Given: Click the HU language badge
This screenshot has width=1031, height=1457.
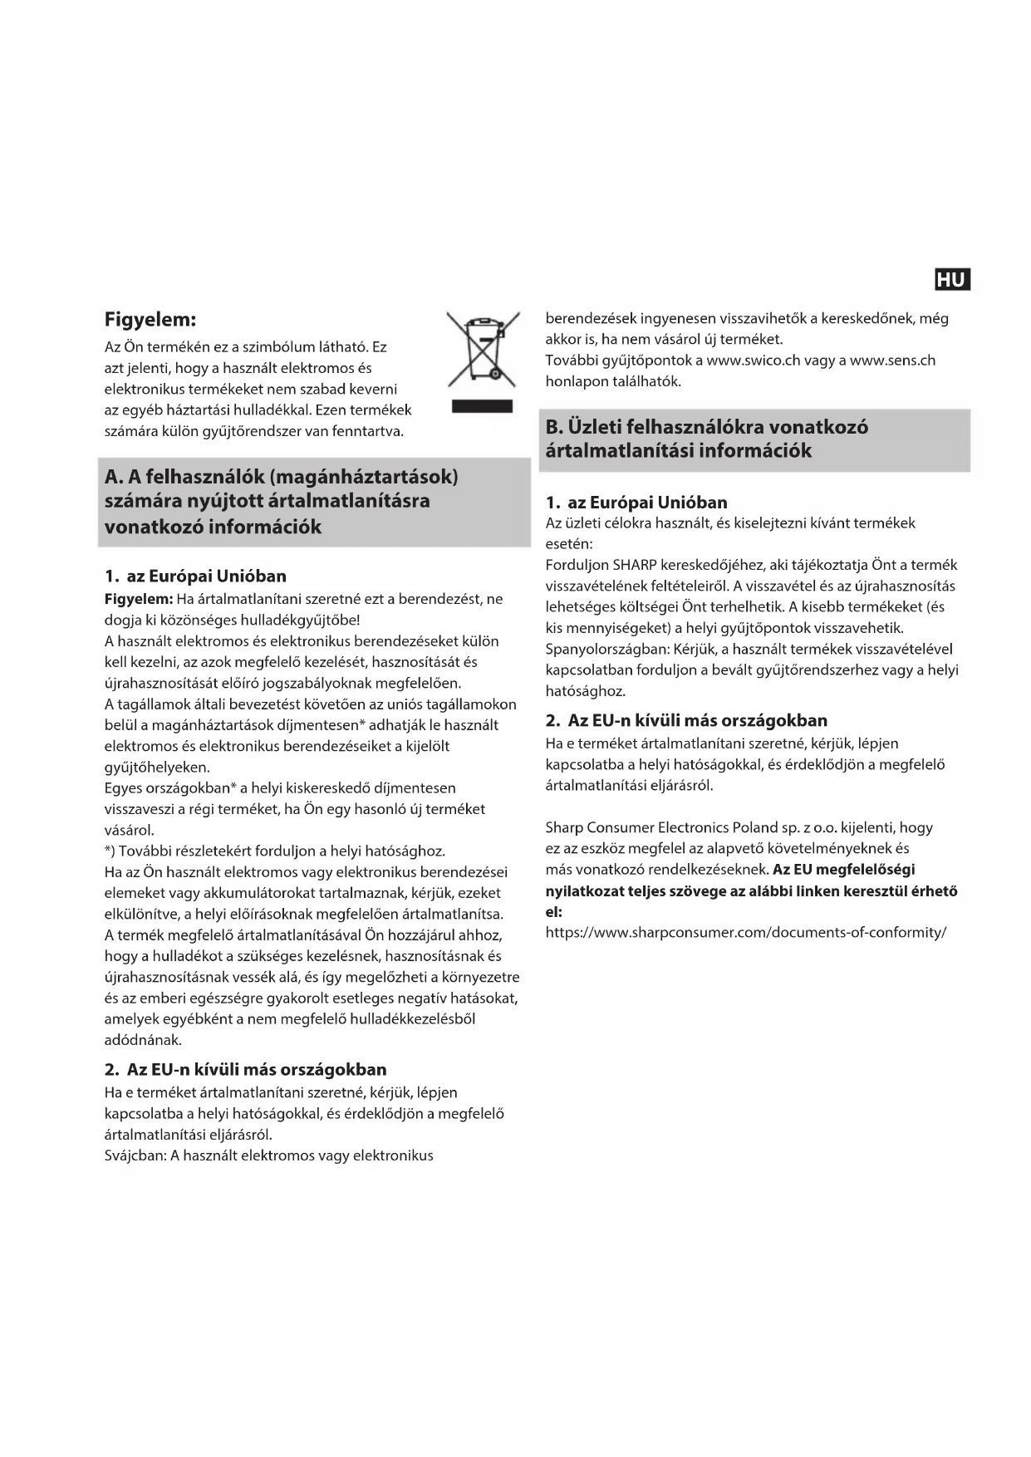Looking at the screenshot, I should point(951,280).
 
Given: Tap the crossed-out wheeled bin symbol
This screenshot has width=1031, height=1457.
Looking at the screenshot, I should point(483,349).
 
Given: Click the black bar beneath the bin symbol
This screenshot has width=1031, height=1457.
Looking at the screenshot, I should point(482,406).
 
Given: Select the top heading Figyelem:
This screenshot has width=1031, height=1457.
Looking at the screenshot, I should point(150,319).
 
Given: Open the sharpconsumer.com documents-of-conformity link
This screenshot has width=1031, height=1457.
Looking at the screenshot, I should point(746,932).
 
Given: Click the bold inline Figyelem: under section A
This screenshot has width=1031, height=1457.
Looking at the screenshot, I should point(139,599).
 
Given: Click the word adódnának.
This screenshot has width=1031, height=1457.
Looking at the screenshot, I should point(143,1040).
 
